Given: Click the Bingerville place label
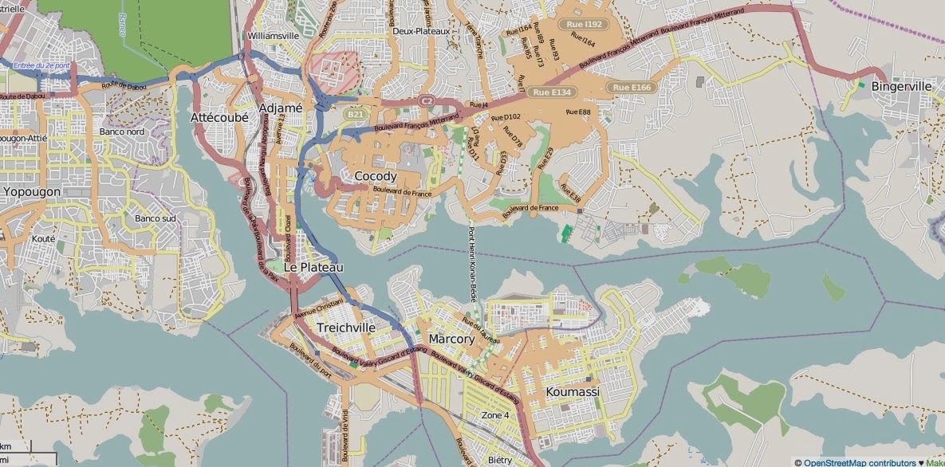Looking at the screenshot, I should pos(902,86).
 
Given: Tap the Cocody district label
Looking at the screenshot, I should pos(375,176).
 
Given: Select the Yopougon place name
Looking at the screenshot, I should pos(32,192).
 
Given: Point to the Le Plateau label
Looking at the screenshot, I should pos(313,268).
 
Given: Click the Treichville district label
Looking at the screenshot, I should pos(346,328).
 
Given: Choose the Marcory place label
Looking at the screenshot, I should pos(451,339).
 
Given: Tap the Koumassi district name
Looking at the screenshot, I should pos(573,392).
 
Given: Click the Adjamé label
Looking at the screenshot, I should pos(281,108).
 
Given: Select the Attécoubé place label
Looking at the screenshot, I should pos(219,117).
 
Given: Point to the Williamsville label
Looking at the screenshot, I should pos(274,36).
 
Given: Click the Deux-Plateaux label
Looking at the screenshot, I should pos(421,31).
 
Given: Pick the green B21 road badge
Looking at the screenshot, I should pos(355,115).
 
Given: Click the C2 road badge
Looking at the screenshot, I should pos(427,101).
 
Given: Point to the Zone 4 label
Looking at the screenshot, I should pos(495,415).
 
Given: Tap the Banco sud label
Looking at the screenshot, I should pos(155,218).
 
